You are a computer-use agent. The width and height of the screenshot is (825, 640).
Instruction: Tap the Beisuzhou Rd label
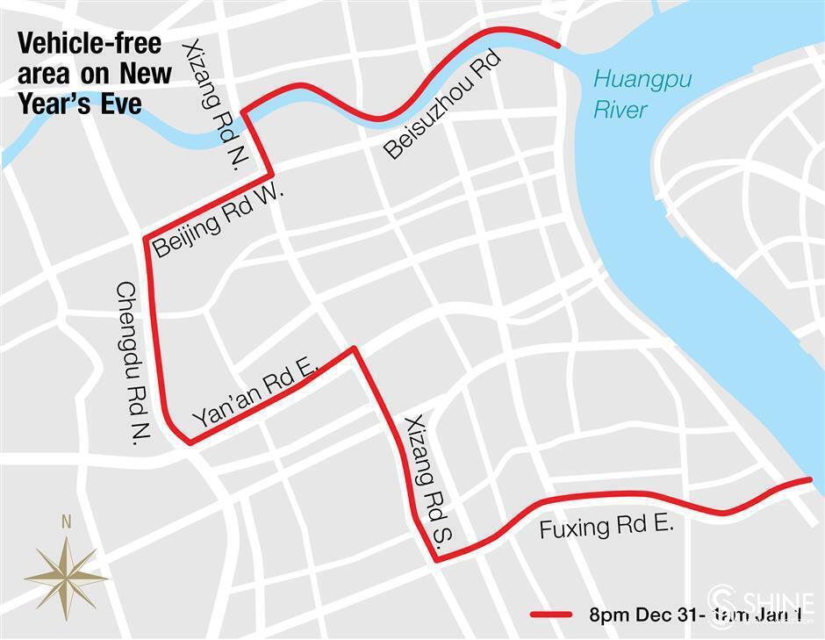pos(442,105)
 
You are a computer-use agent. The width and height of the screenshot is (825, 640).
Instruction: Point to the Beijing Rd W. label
pos(219,221)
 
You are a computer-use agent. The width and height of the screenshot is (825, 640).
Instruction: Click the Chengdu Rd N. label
pos(129,362)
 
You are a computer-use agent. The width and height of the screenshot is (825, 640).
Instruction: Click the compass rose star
pos(66,577)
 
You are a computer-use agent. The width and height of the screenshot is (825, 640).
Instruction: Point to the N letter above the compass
pos(66,522)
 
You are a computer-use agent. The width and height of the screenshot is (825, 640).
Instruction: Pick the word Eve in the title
pos(124,103)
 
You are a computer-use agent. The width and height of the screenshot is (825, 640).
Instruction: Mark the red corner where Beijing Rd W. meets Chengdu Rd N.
pos(146,239)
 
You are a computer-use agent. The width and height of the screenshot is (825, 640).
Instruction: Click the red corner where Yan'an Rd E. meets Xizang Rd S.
pos(354,349)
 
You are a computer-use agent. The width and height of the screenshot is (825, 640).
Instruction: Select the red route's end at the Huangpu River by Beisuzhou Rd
pos(558,44)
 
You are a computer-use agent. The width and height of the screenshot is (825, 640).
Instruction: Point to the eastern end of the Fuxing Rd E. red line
pos(808,479)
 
